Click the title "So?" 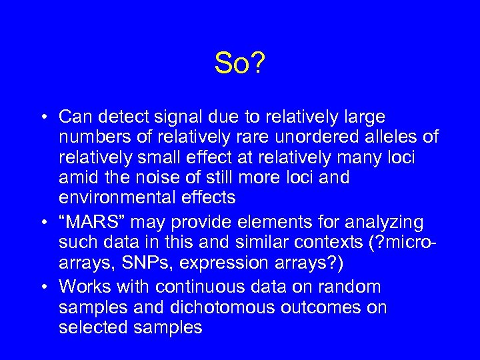(x=240, y=64)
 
